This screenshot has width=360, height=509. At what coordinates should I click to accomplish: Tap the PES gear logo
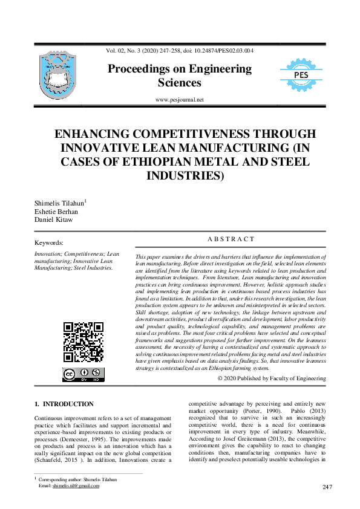[x=301, y=76]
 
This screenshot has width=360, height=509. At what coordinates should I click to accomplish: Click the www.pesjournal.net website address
[x=180, y=100]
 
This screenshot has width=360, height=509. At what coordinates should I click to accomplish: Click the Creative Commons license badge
[x=83, y=374]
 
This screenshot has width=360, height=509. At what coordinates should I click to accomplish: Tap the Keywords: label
[x=51, y=243]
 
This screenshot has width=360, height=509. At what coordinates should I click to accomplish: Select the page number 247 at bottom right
[x=328, y=487]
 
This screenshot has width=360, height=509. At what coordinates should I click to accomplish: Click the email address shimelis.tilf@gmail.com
[x=76, y=485]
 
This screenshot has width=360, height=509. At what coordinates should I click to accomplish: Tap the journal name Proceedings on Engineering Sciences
[x=180, y=76]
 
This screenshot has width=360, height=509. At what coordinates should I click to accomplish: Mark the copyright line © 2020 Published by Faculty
[x=272, y=378]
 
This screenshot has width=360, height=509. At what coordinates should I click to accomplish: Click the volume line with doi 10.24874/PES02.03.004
[x=180, y=51]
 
